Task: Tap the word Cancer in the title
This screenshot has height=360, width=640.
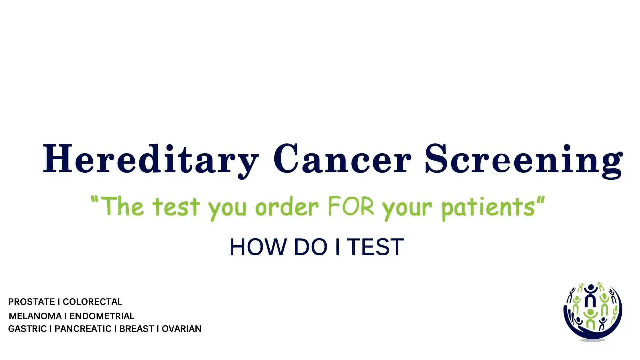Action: [342, 158]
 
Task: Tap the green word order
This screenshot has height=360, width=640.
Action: [287, 207]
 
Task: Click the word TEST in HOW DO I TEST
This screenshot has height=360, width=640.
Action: [376, 247]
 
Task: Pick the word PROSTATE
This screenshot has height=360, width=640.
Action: [31, 302]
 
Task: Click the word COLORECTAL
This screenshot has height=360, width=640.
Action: [92, 302]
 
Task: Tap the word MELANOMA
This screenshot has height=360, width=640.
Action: [35, 316]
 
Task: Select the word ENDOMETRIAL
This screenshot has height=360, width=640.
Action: [102, 316]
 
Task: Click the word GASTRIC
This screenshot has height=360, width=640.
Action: [27, 329]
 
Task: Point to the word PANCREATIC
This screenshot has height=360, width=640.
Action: [83, 329]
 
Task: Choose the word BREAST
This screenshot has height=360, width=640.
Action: [137, 329]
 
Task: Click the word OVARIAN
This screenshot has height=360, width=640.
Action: [182, 329]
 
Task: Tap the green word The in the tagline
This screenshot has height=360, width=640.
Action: [122, 206]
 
